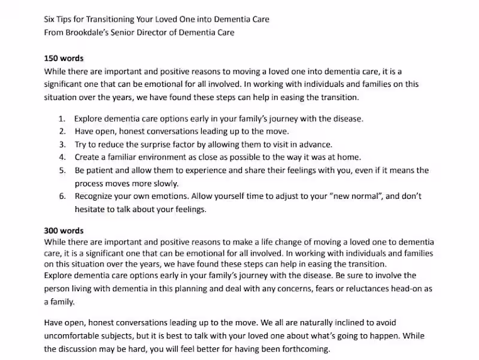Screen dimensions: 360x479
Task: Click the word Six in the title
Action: pos(50,19)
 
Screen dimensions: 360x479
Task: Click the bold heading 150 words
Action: pos(64,59)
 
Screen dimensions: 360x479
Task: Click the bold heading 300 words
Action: pos(64,231)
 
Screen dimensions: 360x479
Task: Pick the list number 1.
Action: pos(62,119)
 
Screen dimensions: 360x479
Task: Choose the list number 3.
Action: pos(62,144)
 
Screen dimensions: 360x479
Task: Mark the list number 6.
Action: pos(62,196)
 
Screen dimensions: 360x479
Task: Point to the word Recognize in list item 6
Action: pos(95,196)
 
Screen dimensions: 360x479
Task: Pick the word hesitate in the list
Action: pos(91,209)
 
